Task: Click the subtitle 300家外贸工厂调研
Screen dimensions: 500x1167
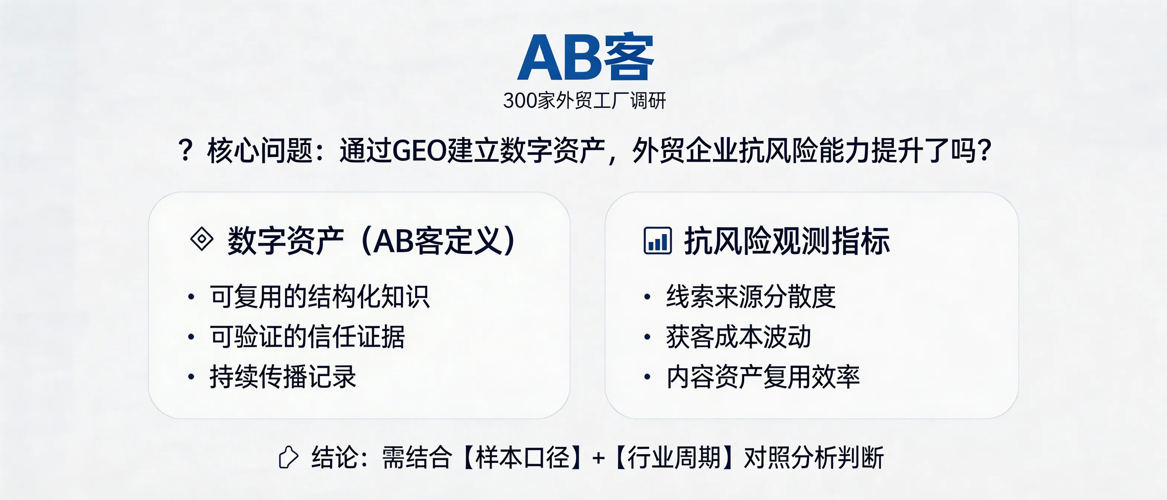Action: (584, 100)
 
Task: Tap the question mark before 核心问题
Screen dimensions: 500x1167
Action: (186, 151)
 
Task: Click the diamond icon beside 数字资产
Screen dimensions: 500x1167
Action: (202, 239)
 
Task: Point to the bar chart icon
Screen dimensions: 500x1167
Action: (657, 240)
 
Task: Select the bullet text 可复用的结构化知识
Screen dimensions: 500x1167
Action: (319, 297)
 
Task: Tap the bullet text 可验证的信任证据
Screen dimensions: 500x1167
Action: (307, 337)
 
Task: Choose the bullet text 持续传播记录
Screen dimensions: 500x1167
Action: (283, 376)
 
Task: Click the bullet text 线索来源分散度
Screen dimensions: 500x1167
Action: (751, 297)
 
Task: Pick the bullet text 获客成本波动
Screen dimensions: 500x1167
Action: (738, 337)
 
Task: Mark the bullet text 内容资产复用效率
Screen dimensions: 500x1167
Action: (763, 376)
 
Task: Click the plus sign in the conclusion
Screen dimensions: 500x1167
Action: (598, 458)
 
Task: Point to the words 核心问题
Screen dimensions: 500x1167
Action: (260, 151)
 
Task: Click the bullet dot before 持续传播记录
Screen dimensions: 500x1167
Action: (191, 377)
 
